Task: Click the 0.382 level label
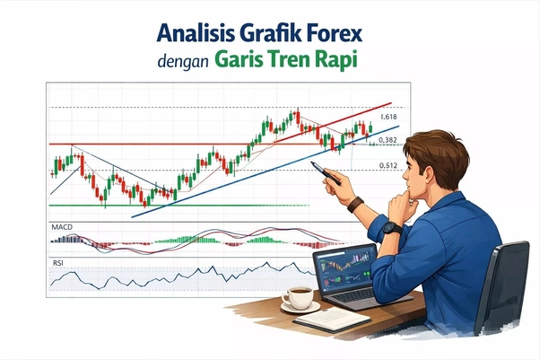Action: pos(388,141)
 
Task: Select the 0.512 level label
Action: pos(388,166)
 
